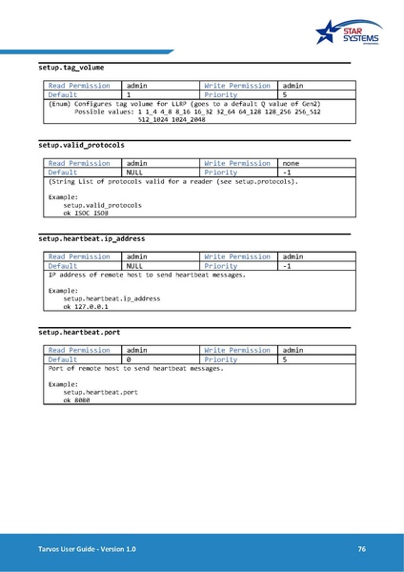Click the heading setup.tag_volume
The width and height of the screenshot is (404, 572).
tap(71, 69)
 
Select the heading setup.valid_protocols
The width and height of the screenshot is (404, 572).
tap(81, 145)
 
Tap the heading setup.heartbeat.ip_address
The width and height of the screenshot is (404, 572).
tap(91, 237)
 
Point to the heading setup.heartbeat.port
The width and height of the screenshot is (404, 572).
tap(79, 331)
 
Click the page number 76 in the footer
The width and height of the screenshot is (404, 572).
tap(362, 549)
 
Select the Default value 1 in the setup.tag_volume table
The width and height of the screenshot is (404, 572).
tap(129, 95)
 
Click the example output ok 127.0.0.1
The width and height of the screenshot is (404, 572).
tap(86, 307)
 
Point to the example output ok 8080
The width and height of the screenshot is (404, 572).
tap(76, 400)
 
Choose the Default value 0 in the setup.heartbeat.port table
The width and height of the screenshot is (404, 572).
tap(129, 359)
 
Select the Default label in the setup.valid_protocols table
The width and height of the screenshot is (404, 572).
tap(63, 172)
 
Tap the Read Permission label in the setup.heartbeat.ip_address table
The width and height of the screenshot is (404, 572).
tap(79, 256)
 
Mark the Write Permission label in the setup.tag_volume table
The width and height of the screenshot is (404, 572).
tap(237, 86)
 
